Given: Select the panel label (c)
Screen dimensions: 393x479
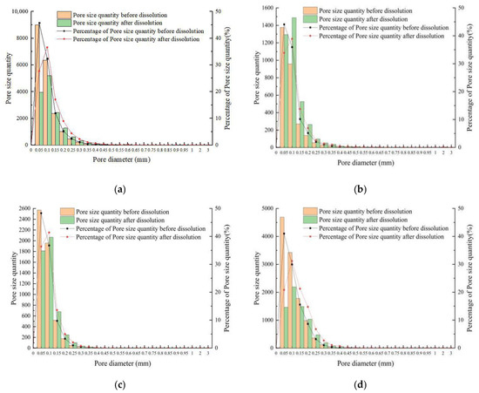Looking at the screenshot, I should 119,380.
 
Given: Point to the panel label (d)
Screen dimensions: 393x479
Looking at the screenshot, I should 361,380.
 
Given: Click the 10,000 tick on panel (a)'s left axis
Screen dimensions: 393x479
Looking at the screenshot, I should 18,8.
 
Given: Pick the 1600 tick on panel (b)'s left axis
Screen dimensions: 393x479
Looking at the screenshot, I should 263,8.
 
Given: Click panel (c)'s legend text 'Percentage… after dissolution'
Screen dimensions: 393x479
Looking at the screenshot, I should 138,237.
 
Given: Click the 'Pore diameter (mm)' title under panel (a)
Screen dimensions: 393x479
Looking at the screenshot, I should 118,160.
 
